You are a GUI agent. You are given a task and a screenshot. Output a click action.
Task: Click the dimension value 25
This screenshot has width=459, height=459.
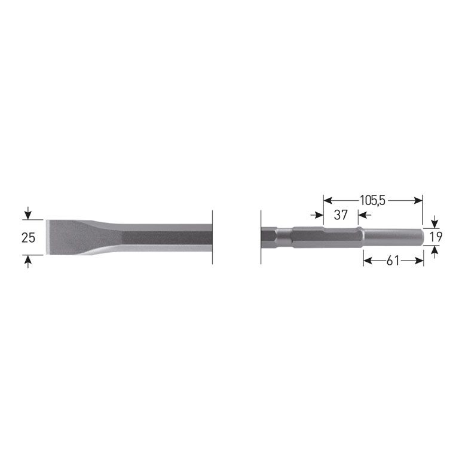tap(28, 238)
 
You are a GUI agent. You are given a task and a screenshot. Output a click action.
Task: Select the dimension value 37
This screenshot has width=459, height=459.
tap(340, 215)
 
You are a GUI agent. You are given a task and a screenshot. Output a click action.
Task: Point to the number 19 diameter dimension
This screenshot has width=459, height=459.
tap(436, 237)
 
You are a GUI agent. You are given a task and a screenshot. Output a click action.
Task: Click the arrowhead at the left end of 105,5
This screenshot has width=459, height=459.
tap(327, 201)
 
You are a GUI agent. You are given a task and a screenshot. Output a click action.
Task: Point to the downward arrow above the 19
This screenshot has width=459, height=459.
tap(435, 223)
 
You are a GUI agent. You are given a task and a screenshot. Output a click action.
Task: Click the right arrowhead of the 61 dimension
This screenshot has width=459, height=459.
tap(420, 261)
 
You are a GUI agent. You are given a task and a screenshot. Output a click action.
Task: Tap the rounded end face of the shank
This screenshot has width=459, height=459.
tap(423, 237)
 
